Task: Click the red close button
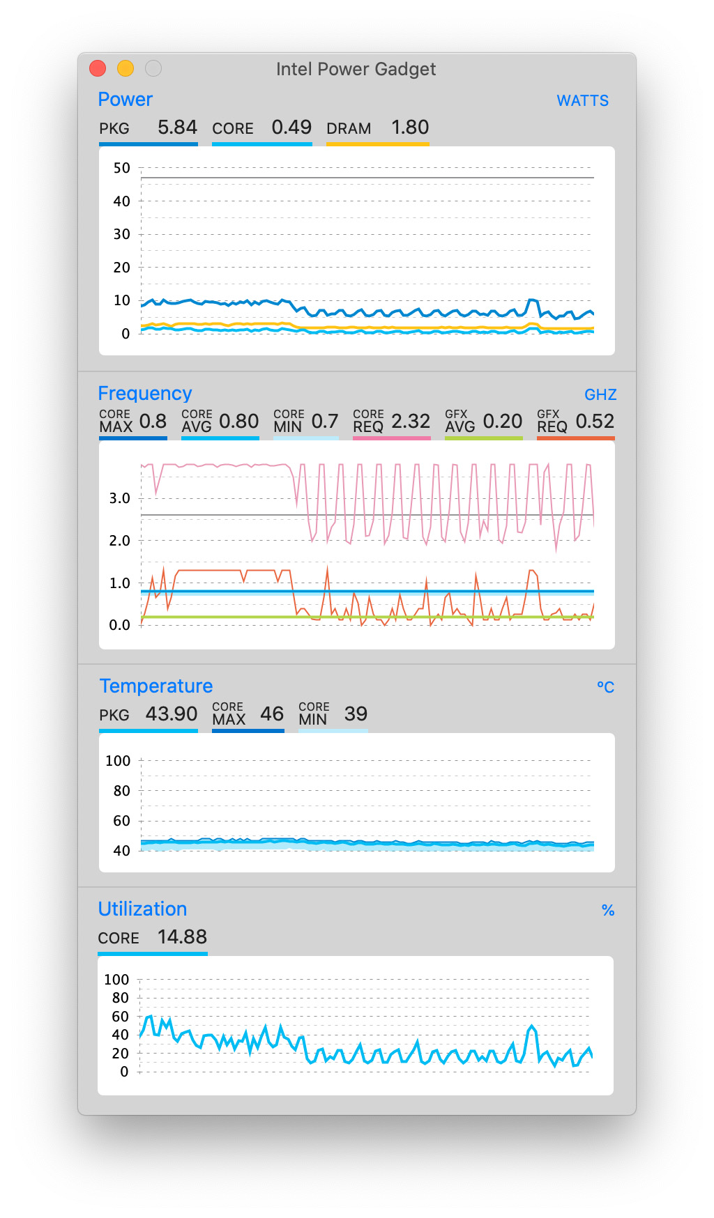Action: pos(98,68)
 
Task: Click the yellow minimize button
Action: pos(126,68)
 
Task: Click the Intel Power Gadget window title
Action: pos(356,69)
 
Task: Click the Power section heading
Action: pos(125,100)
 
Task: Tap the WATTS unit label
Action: pos(582,101)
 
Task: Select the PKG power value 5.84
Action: pos(177,128)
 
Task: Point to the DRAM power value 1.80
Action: pos(409,128)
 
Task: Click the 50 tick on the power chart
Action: pos(122,168)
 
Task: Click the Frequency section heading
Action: pos(144,394)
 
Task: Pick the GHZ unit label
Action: pos(600,395)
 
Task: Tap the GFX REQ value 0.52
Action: pos(594,422)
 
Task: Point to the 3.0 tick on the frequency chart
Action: pos(119,498)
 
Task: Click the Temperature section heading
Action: pos(155,686)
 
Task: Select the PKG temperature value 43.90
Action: pos(172,714)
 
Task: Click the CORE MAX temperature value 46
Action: pos(272,714)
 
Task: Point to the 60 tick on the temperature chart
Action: pos(122,821)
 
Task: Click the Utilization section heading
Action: pos(142,909)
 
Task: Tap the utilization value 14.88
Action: pos(182,937)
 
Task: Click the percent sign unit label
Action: pos(607,911)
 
